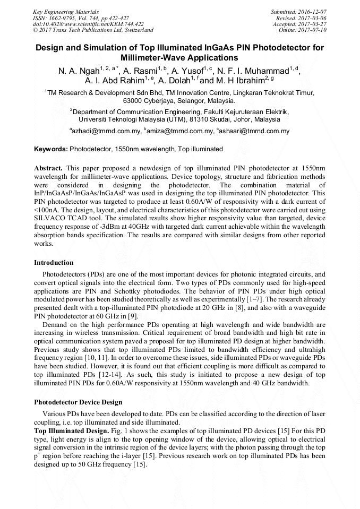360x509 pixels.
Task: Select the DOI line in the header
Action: point(88,24)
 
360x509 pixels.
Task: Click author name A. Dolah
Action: point(177,81)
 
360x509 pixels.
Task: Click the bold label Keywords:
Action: point(50,150)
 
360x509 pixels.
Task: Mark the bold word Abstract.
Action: point(48,168)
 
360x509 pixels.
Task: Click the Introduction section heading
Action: point(54,262)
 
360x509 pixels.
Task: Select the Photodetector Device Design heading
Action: point(78,402)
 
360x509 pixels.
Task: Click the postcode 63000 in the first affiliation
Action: point(133,100)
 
